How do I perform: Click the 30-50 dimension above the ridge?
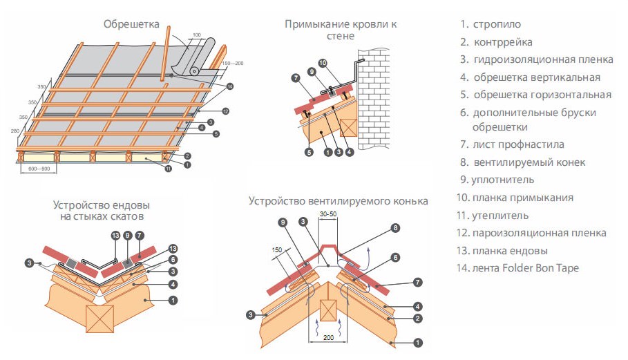(330, 215)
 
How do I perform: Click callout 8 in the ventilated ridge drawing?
(395, 227)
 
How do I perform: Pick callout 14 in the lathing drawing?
(230, 86)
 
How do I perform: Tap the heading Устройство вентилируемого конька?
(338, 201)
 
